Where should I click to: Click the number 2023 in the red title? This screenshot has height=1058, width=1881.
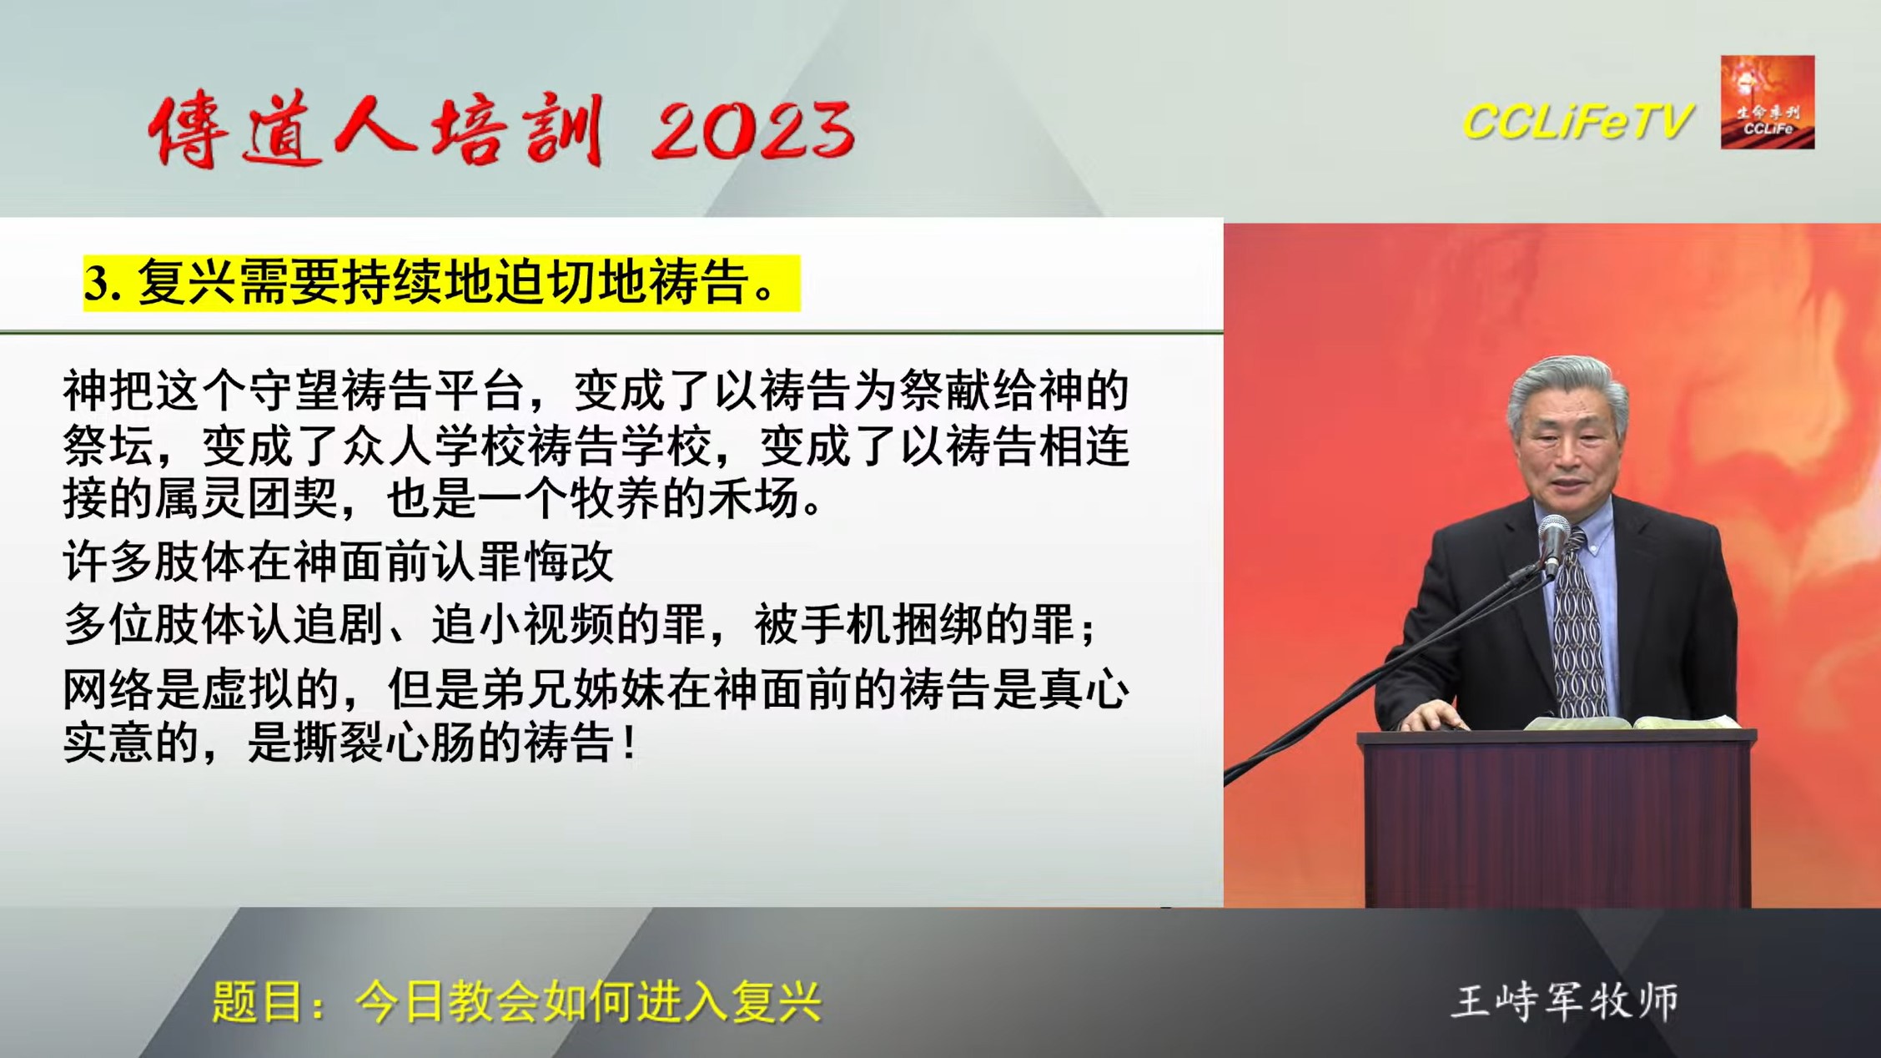point(753,129)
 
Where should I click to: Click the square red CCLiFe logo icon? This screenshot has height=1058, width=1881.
point(1768,102)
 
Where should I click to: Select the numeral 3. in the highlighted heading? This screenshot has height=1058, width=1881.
point(103,284)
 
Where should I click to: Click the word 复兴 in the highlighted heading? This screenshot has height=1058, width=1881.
point(188,282)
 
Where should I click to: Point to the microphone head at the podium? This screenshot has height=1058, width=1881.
point(1553,534)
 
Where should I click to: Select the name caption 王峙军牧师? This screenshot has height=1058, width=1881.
point(1566,1001)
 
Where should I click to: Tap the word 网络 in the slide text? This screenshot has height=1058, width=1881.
point(109,690)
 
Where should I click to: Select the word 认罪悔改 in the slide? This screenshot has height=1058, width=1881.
point(521,562)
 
